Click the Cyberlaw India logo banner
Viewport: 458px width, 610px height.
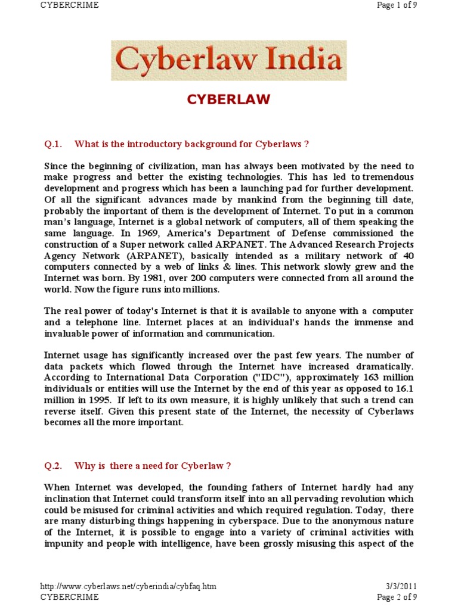[228, 60]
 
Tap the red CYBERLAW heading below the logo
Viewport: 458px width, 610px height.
[228, 99]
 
